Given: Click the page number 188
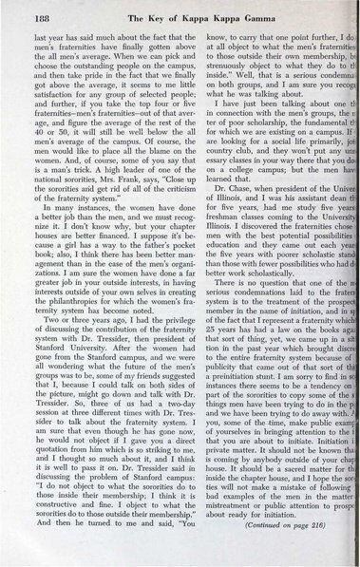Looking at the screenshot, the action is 35,10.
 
